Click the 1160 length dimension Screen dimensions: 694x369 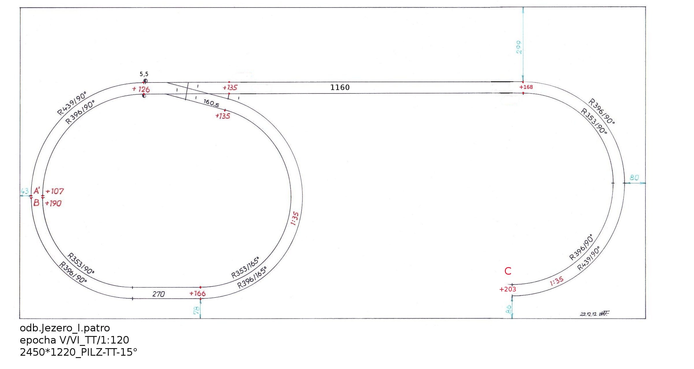[x=340, y=87]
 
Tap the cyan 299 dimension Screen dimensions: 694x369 [x=519, y=47]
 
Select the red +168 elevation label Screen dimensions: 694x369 [x=526, y=87]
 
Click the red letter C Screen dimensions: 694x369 [x=508, y=271]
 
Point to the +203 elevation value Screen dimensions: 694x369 [x=508, y=289]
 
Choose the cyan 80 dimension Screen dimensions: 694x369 [x=634, y=177]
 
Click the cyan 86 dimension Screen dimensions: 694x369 [x=508, y=309]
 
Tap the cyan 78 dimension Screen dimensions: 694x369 [x=196, y=310]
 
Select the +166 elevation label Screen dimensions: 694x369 [x=198, y=293]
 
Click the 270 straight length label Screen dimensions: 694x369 [x=158, y=294]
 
